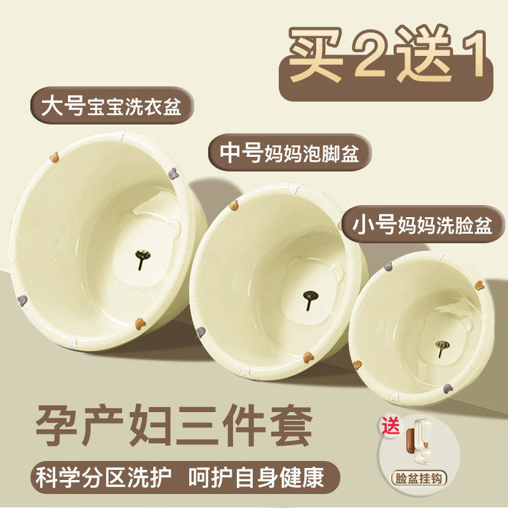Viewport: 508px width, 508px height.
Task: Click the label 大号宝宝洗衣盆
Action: (112, 105)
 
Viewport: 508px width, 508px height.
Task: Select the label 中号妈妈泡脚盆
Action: (290, 152)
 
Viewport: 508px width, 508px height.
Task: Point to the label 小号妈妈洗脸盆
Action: (422, 225)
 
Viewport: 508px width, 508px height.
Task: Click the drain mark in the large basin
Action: (142, 258)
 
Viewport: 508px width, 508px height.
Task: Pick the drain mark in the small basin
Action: (442, 348)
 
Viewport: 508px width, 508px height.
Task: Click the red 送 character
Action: (391, 425)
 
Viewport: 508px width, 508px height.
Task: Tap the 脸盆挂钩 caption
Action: (418, 479)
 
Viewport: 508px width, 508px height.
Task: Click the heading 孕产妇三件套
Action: (174, 425)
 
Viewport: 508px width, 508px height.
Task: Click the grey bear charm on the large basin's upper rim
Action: (173, 173)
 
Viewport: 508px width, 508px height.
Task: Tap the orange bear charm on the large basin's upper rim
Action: (54, 157)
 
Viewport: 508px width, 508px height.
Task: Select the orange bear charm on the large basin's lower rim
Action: (140, 323)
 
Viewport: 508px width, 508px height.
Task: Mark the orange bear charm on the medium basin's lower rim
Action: (308, 358)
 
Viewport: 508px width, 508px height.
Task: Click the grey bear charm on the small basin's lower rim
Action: (448, 388)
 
